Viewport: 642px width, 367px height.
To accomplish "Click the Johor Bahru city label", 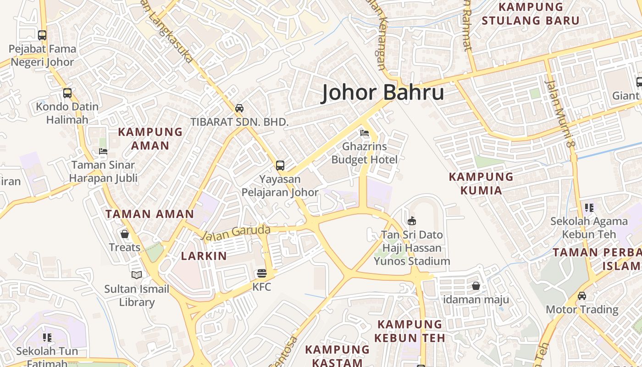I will (x=382, y=92).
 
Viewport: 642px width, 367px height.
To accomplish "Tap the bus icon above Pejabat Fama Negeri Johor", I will (x=42, y=35).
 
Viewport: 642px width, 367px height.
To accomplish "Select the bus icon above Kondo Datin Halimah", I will (x=67, y=93).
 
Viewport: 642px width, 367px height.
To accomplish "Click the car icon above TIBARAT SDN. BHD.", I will (x=239, y=108).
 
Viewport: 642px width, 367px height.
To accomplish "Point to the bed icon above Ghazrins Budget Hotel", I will (x=365, y=133).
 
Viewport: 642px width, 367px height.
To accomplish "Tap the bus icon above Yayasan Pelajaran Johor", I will (x=280, y=166).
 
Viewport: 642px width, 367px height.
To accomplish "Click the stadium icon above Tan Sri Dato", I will (x=412, y=221).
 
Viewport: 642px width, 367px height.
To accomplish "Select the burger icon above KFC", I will (x=262, y=274).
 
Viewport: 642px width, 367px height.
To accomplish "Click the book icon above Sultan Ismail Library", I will (x=137, y=275).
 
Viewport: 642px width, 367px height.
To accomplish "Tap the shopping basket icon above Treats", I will (x=125, y=234).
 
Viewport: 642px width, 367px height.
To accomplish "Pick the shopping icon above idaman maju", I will (x=476, y=286).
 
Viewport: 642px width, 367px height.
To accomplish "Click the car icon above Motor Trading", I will (x=582, y=296).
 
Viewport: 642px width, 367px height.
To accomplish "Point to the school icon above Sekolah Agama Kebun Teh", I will (x=589, y=207).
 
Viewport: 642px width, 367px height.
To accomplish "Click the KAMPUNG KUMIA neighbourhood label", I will (x=481, y=183).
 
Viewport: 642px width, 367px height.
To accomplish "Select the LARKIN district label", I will (x=204, y=256).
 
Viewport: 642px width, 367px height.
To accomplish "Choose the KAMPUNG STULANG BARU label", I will (x=531, y=14).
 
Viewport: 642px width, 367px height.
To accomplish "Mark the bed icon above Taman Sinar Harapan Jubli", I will (x=103, y=151).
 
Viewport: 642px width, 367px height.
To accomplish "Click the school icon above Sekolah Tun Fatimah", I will (x=47, y=338).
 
